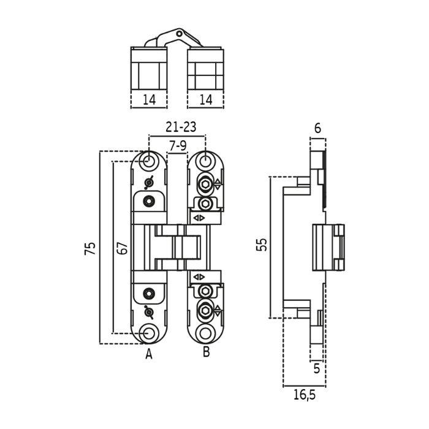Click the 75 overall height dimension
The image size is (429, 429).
coord(91,248)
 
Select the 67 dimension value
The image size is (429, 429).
coord(123,248)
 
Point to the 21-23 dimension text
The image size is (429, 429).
coord(181,127)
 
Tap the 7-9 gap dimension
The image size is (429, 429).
coord(177,146)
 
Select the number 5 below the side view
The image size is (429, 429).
coord(317,369)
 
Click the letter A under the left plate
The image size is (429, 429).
coord(148,354)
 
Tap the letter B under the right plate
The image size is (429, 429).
coord(206,352)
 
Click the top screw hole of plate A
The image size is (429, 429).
coord(148,161)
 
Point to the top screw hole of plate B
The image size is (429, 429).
coord(207,161)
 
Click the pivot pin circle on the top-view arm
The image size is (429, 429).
coord(178,32)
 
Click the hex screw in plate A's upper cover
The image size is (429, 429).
coord(148,200)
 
